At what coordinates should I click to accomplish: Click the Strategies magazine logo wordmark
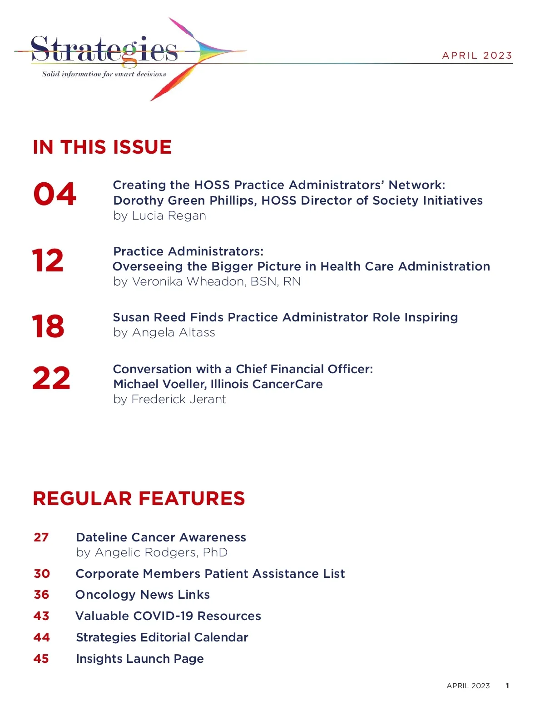pyautogui.click(x=104, y=49)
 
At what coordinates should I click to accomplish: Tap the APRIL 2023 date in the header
pyautogui.click(x=477, y=55)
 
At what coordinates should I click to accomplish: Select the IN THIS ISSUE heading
pyautogui.click(x=102, y=147)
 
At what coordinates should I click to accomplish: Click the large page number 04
pyautogui.click(x=54, y=194)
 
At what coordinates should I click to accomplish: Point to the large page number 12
pyautogui.click(x=48, y=260)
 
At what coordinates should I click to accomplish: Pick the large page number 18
pyautogui.click(x=48, y=326)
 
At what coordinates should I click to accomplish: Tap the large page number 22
pyautogui.click(x=51, y=378)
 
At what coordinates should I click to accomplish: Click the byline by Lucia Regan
pyautogui.click(x=159, y=215)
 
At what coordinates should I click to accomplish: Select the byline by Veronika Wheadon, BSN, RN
pyautogui.click(x=207, y=281)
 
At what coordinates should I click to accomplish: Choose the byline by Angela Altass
pyautogui.click(x=164, y=332)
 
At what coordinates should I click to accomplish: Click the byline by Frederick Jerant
pyautogui.click(x=169, y=399)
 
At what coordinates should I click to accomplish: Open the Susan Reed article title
pyautogui.click(x=285, y=317)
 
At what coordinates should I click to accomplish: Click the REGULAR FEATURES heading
pyautogui.click(x=139, y=498)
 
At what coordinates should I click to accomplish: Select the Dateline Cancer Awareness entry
pyautogui.click(x=161, y=537)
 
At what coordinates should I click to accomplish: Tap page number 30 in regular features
pyautogui.click(x=42, y=574)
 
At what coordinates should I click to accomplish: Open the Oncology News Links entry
pyautogui.click(x=143, y=595)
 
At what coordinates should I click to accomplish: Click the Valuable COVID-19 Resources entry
pyautogui.click(x=168, y=616)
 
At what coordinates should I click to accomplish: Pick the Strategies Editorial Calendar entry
pyautogui.click(x=162, y=637)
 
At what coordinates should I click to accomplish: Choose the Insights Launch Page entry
pyautogui.click(x=140, y=659)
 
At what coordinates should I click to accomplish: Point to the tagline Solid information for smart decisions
pyautogui.click(x=104, y=74)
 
